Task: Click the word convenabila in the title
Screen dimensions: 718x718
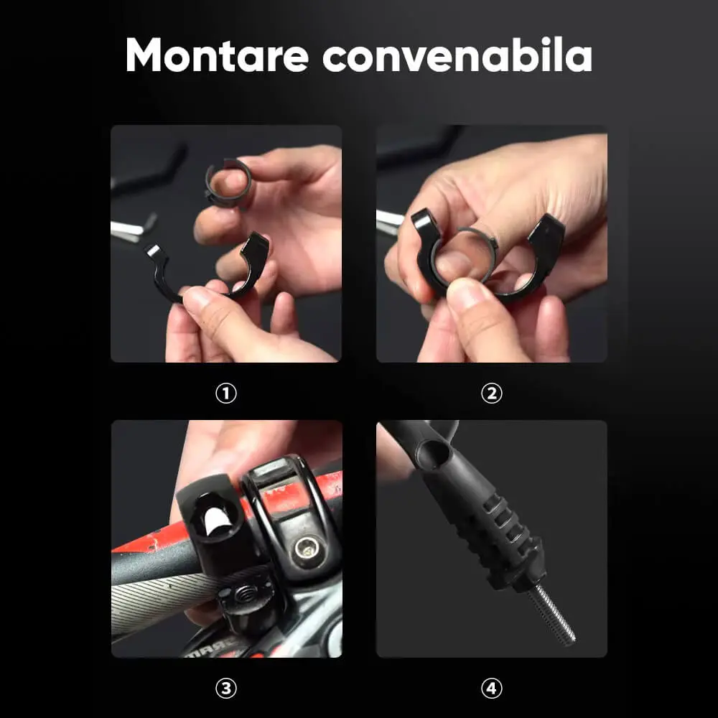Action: [457, 55]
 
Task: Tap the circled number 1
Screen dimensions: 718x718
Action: [225, 393]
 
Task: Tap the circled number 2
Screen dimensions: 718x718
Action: [491, 393]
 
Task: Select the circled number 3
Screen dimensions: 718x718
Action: [225, 689]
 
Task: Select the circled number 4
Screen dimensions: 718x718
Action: [491, 689]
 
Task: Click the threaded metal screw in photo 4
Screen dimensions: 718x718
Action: [551, 615]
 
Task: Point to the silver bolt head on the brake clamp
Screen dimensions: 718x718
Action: [304, 548]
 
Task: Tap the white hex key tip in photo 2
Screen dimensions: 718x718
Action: [389, 222]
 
